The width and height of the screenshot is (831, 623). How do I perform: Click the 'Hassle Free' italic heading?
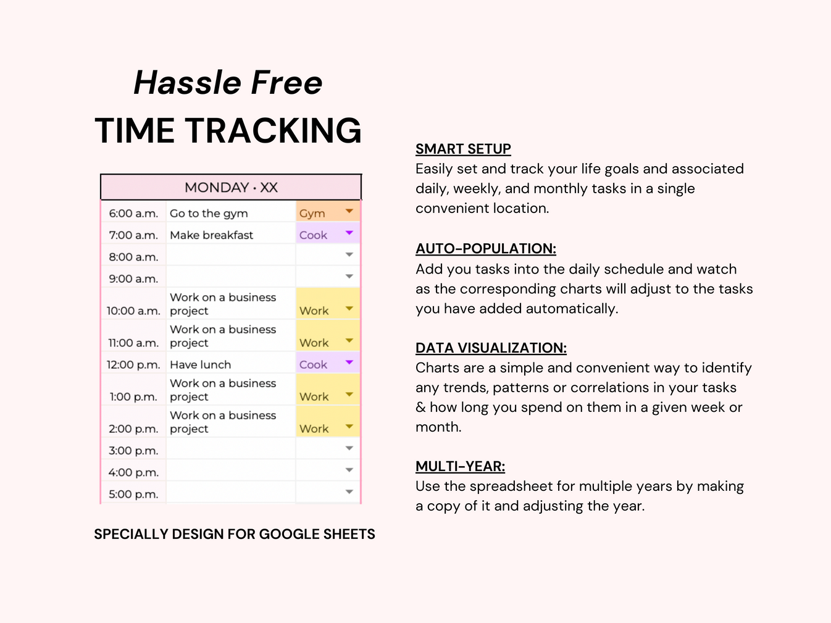[228, 83]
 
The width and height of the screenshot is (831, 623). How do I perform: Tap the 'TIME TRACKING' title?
[228, 131]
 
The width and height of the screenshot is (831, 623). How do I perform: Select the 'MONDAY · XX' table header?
[231, 188]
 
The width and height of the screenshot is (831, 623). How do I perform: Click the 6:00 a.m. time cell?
[133, 214]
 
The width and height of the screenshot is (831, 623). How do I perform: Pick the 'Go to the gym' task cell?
[209, 214]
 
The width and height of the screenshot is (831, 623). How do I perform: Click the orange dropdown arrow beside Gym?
[349, 212]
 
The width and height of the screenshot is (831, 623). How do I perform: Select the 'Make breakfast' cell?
[211, 235]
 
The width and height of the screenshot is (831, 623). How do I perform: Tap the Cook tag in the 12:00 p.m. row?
[314, 365]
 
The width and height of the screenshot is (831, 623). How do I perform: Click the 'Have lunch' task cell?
[200, 365]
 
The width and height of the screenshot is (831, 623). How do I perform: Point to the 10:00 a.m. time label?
[133, 311]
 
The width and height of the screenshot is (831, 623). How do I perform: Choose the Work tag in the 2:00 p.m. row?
[314, 429]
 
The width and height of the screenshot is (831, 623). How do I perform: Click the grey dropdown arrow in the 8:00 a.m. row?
[349, 255]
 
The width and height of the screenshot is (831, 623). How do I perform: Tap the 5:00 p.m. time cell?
[133, 494]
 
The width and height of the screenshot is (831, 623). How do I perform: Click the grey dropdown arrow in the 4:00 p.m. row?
[349, 470]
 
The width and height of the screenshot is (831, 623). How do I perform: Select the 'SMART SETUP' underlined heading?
[463, 149]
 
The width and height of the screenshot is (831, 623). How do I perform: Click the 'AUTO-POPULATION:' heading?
[485, 249]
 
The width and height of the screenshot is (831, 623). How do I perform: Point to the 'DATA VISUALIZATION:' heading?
[491, 348]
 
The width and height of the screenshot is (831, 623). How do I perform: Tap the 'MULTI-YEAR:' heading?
[460, 467]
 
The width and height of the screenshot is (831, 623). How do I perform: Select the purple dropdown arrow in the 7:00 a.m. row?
[349, 233]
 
